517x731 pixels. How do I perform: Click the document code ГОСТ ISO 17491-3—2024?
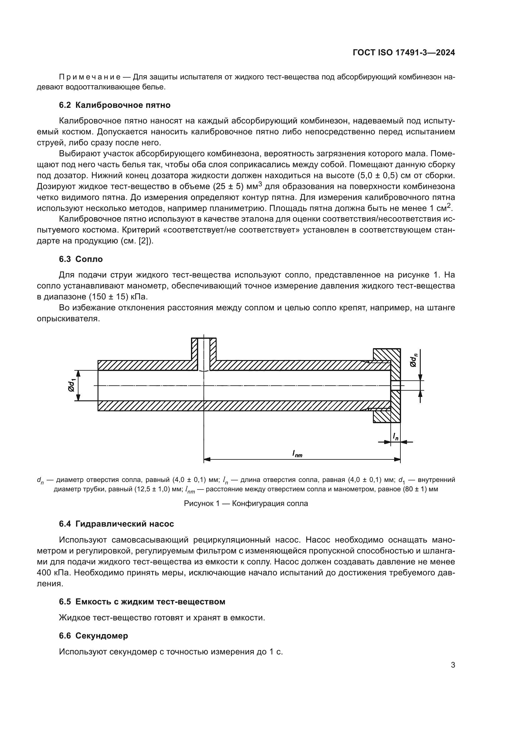tap(404, 53)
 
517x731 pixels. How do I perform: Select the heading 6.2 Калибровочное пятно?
tap(115, 105)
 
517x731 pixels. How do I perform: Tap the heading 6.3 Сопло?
tap(81, 259)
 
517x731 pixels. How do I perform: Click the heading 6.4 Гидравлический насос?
tap(116, 524)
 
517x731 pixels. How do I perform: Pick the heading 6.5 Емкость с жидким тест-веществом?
tap(142, 602)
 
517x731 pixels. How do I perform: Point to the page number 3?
tap(453, 665)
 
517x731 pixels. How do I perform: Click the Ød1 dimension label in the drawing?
tap(72, 386)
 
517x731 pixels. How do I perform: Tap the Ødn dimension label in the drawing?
tap(413, 360)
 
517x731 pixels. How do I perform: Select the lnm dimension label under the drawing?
tap(297, 454)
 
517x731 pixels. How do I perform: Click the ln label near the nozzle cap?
tap(395, 437)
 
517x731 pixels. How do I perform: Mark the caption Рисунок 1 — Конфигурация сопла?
tap(246, 504)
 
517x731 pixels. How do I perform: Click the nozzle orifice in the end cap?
tap(395, 386)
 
